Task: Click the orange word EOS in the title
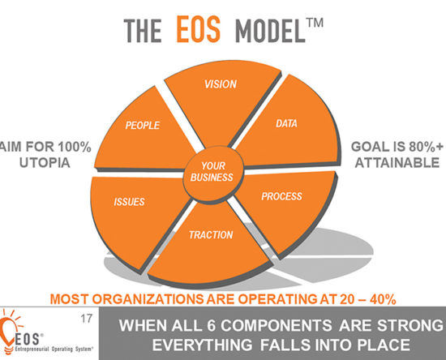coord(199,28)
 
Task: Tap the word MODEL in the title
coord(270,31)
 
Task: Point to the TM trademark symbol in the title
coord(315,23)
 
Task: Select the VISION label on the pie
coord(221,84)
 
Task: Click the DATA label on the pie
coord(286,123)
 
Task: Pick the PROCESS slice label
coord(281,196)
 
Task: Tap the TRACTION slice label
coord(211,235)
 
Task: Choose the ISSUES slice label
coord(129,202)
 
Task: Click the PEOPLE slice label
coord(143,126)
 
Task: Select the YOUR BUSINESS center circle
coord(212,173)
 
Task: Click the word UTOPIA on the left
coord(45,163)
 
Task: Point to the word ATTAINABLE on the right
coord(397,163)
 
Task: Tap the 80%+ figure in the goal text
coord(426,147)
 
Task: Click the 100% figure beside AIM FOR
coord(75,147)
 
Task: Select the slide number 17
coord(87,319)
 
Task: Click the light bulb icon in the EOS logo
coord(9,330)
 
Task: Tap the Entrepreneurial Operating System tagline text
coord(54,349)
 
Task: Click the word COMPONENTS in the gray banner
coord(277,325)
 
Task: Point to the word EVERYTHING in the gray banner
coord(202,345)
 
